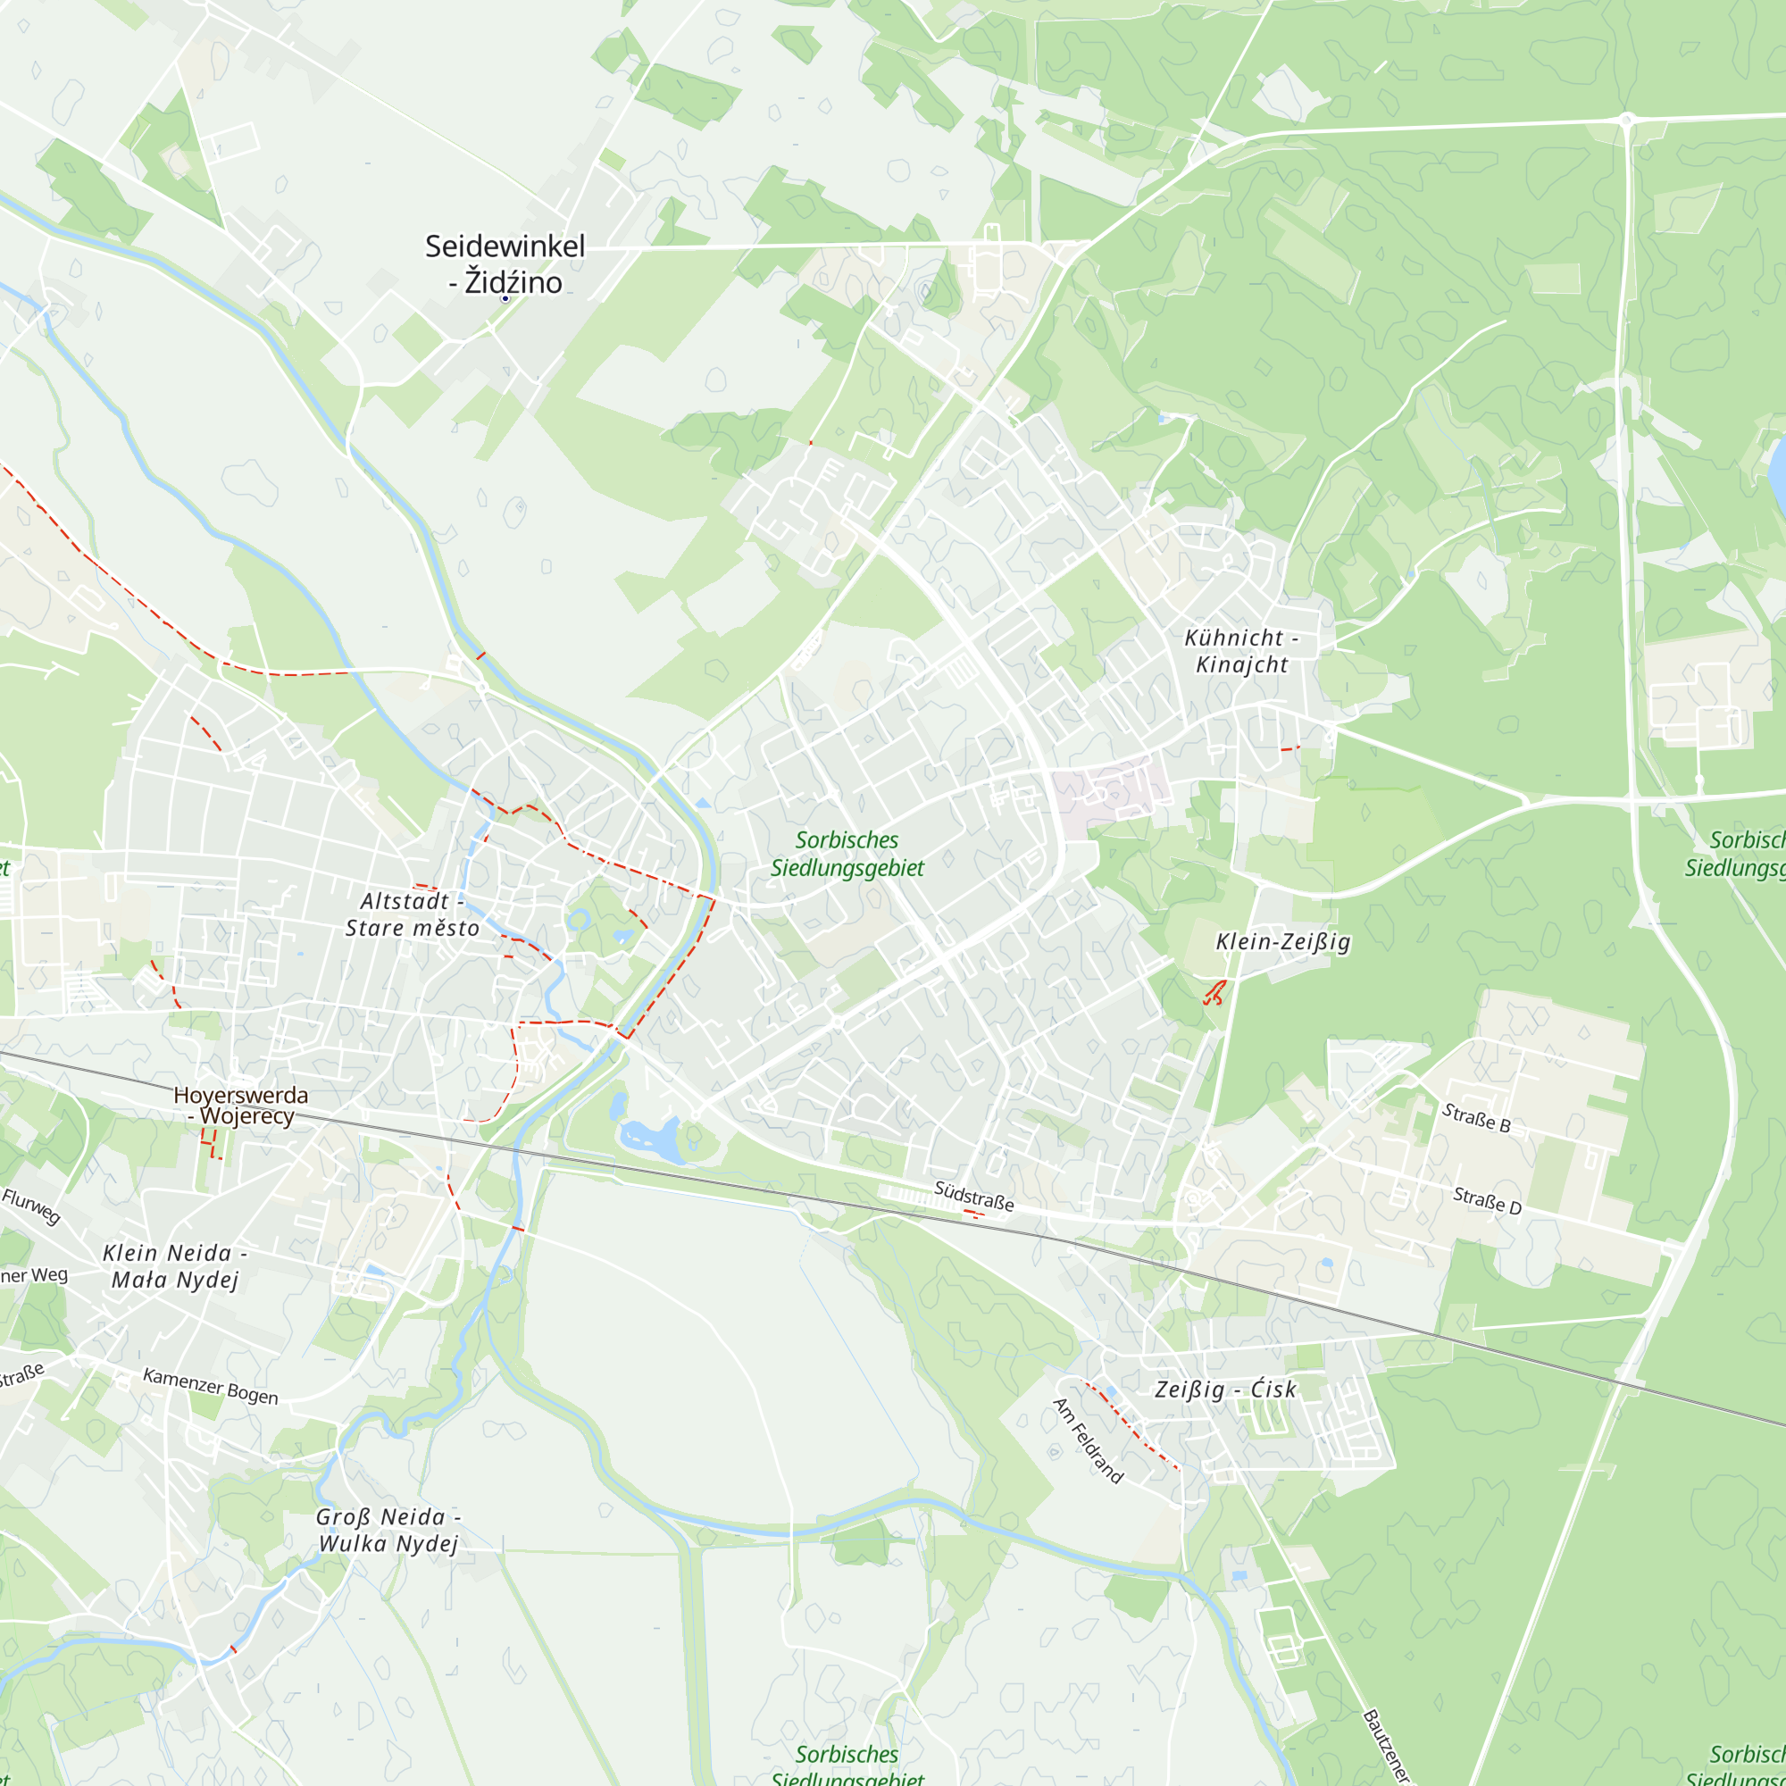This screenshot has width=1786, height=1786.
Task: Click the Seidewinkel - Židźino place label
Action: tap(505, 263)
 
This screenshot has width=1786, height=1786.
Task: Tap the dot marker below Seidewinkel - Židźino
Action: tap(505, 298)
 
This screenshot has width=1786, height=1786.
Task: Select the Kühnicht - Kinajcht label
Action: tap(1241, 651)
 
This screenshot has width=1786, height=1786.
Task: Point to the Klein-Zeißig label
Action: tap(1283, 942)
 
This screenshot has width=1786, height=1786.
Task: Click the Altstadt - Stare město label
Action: tap(413, 914)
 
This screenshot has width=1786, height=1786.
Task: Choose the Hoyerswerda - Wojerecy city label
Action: tap(240, 1106)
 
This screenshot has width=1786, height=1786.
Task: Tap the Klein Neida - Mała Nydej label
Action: tap(175, 1266)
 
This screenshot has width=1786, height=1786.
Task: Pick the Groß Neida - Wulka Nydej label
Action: tap(388, 1530)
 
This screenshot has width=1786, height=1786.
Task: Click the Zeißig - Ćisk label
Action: tap(1226, 1390)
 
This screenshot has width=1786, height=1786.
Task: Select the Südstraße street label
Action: tap(973, 1196)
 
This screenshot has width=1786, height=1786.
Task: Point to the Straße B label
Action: tap(1476, 1119)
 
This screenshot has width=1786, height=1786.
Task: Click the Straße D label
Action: tap(1487, 1201)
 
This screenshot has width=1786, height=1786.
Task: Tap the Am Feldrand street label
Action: tap(1087, 1440)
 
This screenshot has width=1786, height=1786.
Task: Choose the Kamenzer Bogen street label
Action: tap(210, 1387)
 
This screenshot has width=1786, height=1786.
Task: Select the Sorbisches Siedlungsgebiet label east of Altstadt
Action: tap(847, 853)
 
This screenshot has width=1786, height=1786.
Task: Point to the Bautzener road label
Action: tap(1387, 1745)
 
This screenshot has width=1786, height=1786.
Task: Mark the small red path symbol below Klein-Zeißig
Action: tap(1214, 992)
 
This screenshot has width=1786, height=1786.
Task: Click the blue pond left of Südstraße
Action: tap(652, 1139)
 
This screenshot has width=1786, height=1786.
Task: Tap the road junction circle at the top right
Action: tap(1627, 120)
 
